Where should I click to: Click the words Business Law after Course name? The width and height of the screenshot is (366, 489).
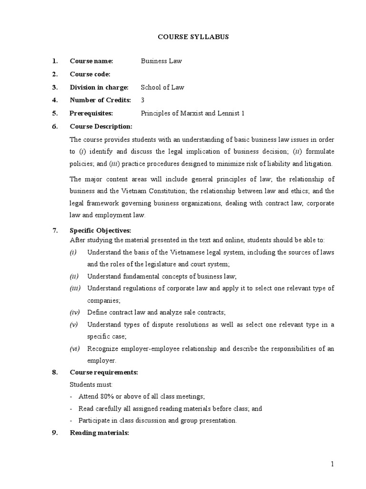click(161, 61)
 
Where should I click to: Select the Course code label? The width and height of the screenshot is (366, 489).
click(90, 74)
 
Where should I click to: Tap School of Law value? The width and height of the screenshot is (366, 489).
click(162, 87)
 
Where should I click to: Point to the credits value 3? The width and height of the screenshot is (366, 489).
click(142, 100)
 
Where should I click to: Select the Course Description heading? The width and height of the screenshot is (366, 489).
click(101, 126)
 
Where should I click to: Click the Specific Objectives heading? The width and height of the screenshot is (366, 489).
click(100, 230)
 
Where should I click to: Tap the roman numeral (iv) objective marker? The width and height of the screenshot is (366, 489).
click(75, 312)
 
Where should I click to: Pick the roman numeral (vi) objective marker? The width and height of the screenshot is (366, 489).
click(75, 349)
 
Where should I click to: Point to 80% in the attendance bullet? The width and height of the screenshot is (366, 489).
click(103, 397)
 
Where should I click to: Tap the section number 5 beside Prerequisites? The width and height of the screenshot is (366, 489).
click(55, 113)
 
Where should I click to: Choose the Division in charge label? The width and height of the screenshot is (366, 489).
click(99, 87)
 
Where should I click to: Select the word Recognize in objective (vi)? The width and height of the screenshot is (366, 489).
click(102, 349)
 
